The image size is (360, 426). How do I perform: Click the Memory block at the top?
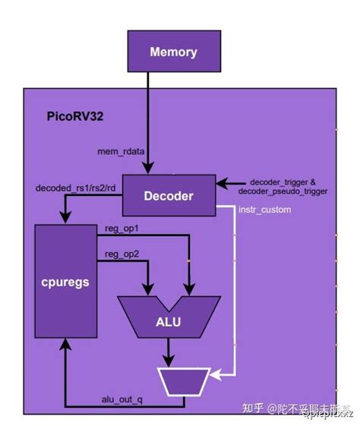tap(174, 52)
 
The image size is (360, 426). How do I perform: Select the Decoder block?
tap(169, 196)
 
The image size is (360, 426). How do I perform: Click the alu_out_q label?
tap(122, 399)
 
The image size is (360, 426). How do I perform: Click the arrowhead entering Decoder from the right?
tap(222, 183)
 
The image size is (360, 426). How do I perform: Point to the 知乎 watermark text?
tap(254, 409)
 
